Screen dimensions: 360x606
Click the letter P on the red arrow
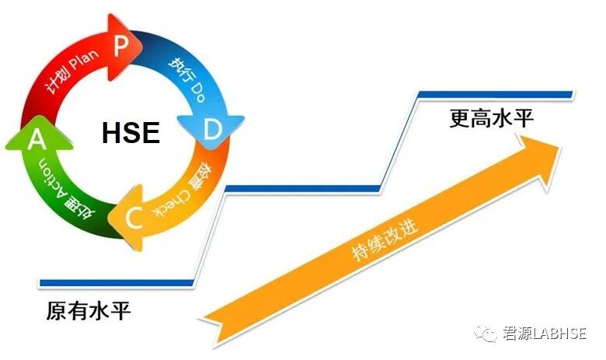point(120,45)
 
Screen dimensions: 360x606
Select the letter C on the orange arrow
point(131,221)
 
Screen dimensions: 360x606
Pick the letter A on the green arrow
point(35,140)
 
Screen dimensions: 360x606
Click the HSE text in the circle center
point(131,134)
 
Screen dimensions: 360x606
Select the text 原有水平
point(89,312)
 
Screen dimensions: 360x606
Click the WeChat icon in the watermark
point(488,334)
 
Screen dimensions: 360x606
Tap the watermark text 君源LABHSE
point(544,334)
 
